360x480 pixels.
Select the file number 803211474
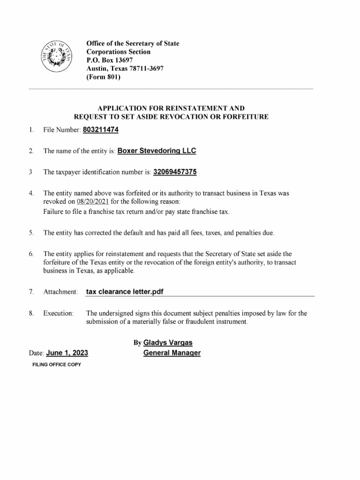[100, 129]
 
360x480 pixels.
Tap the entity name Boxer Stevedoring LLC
[157, 151]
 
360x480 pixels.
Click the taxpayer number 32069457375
[175, 172]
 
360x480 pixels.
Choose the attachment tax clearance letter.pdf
[125, 292]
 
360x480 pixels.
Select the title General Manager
[172, 353]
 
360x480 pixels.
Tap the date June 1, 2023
[67, 353]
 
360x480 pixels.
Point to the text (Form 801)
[104, 77]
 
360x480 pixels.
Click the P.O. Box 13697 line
[110, 60]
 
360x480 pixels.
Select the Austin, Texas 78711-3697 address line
[125, 69]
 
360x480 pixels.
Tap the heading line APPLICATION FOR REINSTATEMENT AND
[171, 108]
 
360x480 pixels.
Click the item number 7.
[30, 292]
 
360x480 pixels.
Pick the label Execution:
[59, 313]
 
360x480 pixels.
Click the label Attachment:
[60, 292]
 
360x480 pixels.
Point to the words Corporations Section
[119, 52]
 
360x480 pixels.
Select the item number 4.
[30, 193]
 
